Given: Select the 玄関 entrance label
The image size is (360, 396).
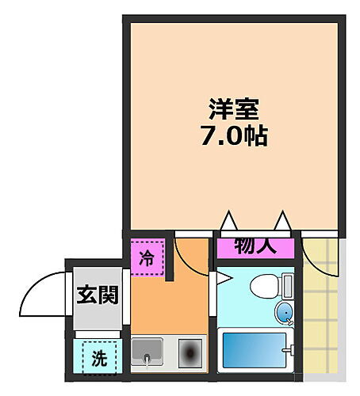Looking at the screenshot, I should coord(98,296).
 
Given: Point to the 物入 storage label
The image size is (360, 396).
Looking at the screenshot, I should coord(255,246).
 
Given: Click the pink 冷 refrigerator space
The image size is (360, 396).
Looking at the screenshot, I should coord(147,257).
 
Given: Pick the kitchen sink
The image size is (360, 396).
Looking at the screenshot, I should coord(147,352).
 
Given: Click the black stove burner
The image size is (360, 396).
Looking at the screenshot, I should coord(190,352).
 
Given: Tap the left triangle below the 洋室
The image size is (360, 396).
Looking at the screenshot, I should coord(229,219).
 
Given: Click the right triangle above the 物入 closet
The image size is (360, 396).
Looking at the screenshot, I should coord(282,219).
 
